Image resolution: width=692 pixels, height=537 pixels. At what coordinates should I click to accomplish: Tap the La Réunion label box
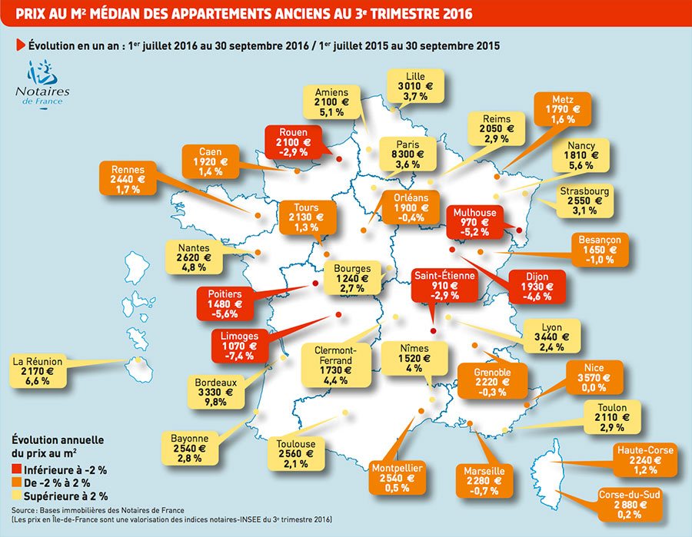[38, 370]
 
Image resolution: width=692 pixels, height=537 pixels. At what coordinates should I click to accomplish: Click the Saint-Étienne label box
[445, 284]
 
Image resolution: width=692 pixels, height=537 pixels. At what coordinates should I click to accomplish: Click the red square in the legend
[18, 470]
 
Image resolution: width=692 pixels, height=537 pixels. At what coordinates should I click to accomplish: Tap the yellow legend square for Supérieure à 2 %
[18, 496]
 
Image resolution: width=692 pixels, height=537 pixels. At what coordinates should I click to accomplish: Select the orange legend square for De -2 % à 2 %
[18, 483]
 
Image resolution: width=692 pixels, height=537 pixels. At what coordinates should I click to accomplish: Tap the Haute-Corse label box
[644, 459]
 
